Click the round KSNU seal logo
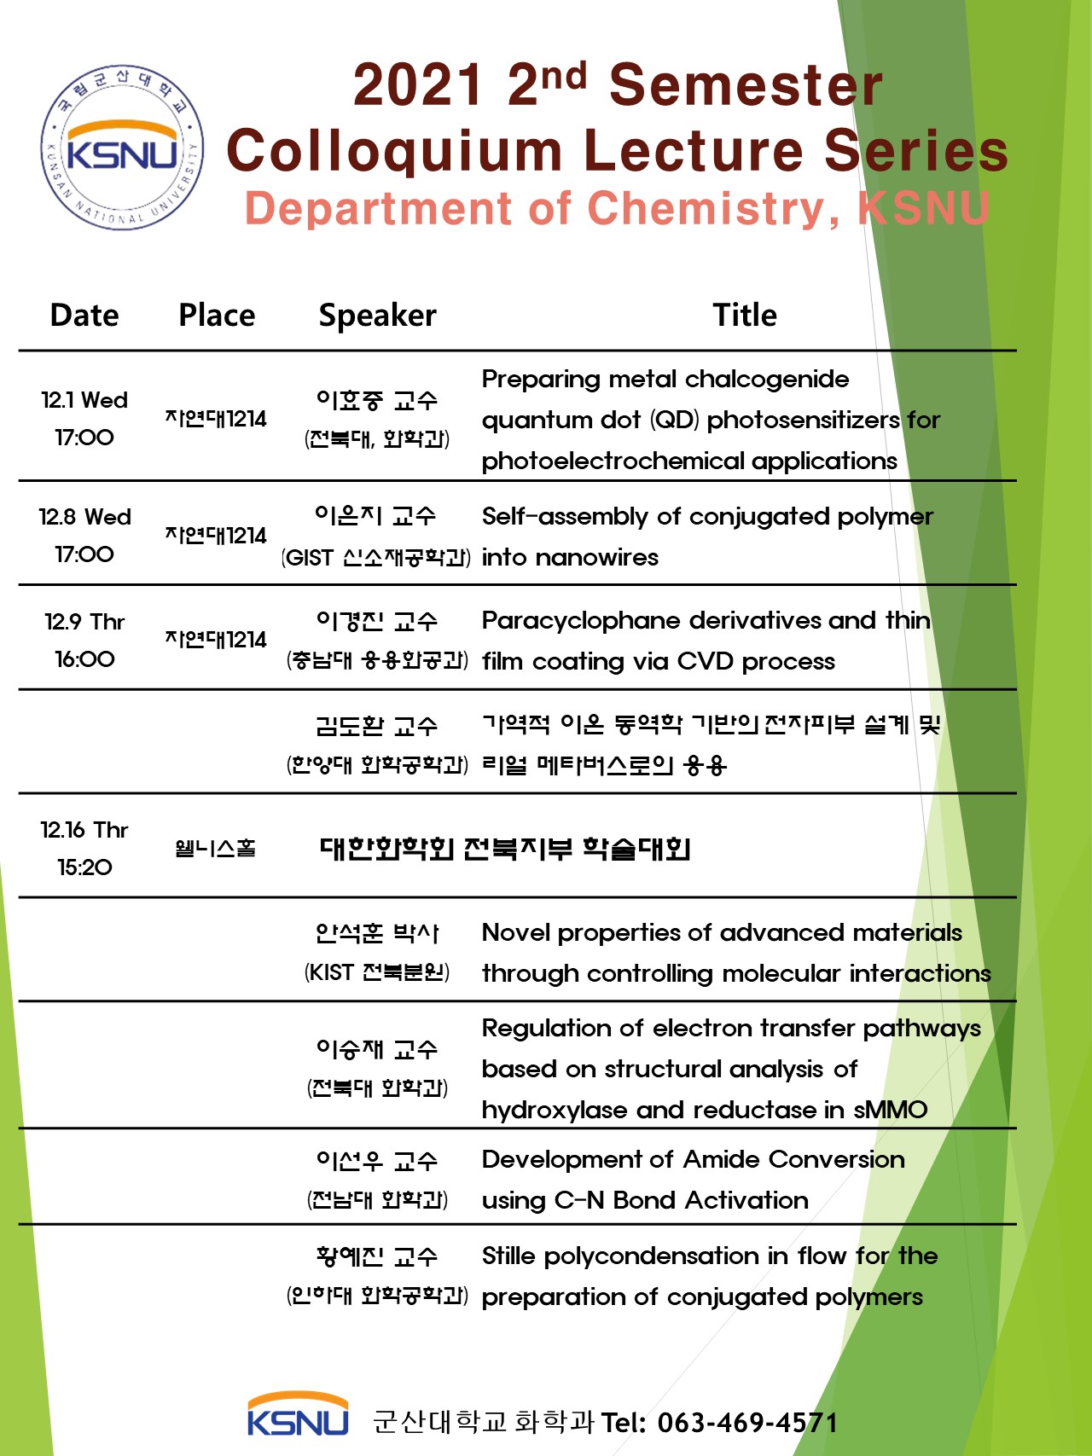pyautogui.click(x=123, y=147)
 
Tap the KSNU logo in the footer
pyautogui.click(x=298, y=1415)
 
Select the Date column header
pyautogui.click(x=84, y=316)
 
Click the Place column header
pyautogui.click(x=217, y=316)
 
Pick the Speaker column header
pyautogui.click(x=377, y=316)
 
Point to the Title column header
pyautogui.click(x=745, y=316)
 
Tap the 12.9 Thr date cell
pyautogui.click(x=84, y=640)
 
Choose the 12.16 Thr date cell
pyautogui.click(x=84, y=848)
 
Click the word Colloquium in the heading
pyautogui.click(x=394, y=151)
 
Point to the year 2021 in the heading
pyautogui.click(x=418, y=85)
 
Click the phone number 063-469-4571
pyautogui.click(x=747, y=1422)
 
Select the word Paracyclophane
pyautogui.click(x=581, y=621)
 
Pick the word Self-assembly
pyautogui.click(x=565, y=517)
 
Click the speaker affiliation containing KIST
pyautogui.click(x=377, y=972)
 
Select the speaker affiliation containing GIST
pyautogui.click(x=376, y=558)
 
